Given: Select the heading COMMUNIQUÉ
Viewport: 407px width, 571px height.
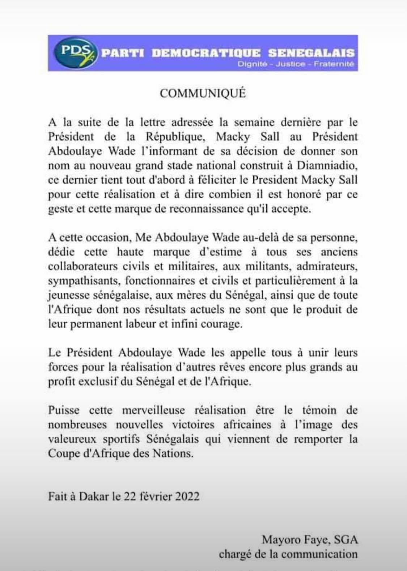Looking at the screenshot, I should tap(203, 93).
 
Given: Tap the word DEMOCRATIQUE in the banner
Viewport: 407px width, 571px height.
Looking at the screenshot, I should tap(206, 53).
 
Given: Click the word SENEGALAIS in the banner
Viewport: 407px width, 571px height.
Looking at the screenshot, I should tap(311, 53).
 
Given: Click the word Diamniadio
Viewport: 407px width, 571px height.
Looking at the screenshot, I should tap(327, 165).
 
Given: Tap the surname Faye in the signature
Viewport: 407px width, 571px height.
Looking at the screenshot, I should tap(314, 540).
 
